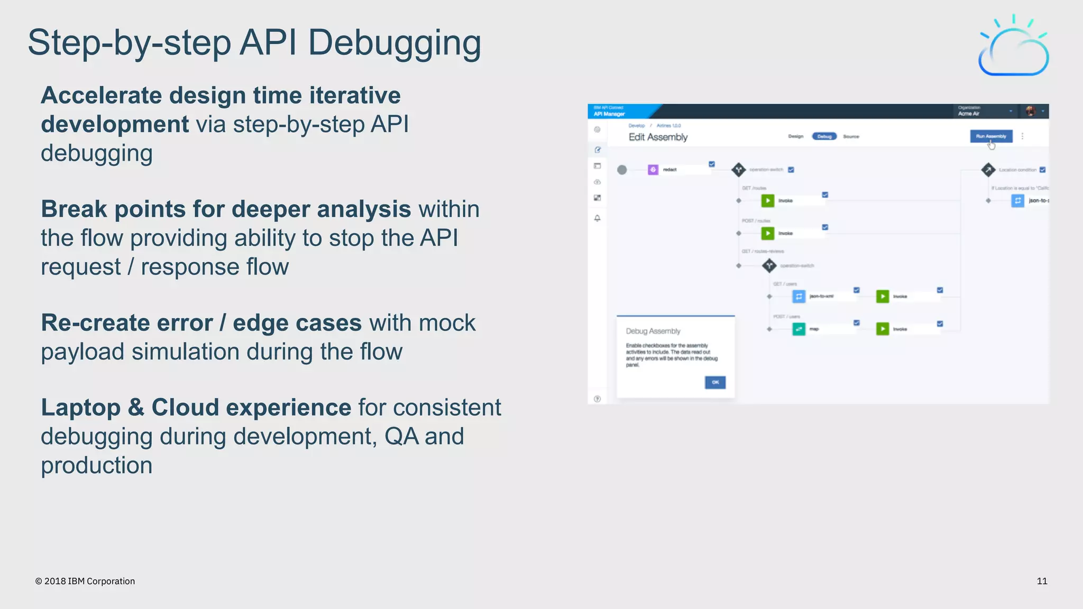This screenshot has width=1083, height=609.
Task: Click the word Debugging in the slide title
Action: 394,43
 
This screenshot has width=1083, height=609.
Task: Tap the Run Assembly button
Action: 991,136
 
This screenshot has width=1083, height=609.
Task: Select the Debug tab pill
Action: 824,136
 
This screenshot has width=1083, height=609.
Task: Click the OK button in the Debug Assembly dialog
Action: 715,382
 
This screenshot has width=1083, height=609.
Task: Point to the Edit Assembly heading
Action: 658,137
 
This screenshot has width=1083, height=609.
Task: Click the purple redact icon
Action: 653,170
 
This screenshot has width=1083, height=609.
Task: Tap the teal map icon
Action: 799,329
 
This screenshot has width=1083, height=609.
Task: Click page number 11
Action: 1042,581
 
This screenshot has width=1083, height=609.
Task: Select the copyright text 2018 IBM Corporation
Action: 85,581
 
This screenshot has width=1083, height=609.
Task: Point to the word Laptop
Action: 80,408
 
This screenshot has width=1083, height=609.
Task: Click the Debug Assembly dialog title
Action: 653,331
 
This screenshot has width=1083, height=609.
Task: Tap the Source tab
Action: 851,136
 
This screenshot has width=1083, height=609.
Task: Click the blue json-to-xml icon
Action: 799,296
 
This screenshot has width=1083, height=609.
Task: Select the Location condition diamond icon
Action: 988,170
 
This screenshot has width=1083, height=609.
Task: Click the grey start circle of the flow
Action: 622,170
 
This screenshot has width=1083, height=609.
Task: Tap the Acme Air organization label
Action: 969,113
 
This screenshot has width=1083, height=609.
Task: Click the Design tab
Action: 795,136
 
